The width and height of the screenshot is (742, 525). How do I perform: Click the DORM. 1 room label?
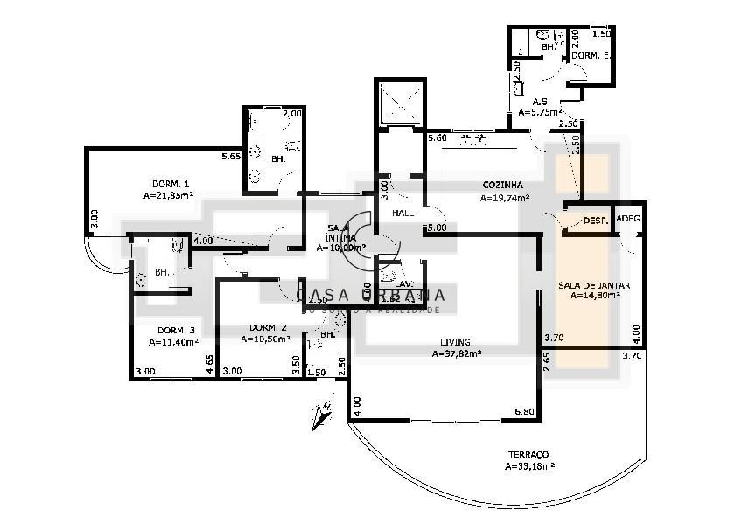[171, 184]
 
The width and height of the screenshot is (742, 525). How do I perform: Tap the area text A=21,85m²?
[168, 195]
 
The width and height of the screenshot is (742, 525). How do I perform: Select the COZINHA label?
[502, 185]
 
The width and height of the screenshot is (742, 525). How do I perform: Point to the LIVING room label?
[455, 342]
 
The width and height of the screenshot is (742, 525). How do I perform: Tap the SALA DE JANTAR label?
[594, 285]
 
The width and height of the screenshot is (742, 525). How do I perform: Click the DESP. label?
[595, 220]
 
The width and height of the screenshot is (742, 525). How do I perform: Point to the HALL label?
[402, 213]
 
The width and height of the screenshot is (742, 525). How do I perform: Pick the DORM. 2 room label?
[267, 327]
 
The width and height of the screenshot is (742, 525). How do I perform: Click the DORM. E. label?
[590, 55]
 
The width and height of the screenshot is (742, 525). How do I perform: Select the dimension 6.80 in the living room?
[524, 411]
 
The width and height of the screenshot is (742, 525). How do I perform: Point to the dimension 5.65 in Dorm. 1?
[231, 157]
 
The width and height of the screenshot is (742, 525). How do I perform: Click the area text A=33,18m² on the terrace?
[530, 466]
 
